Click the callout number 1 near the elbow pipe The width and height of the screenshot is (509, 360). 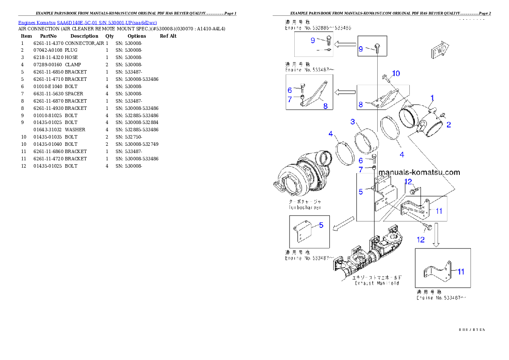tap(432, 97)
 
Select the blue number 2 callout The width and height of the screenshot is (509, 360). tap(448, 125)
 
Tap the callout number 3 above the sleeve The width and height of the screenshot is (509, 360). tap(353, 122)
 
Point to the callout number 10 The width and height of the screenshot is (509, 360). tap(396, 74)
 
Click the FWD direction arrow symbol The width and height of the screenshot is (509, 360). tap(439, 50)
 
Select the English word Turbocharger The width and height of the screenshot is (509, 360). tap(305, 207)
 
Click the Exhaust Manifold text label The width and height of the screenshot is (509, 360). tap(377, 283)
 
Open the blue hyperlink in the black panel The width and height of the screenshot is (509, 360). tap(87, 23)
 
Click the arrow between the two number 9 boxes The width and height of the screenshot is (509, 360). tap(346, 44)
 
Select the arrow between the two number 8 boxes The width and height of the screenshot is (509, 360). tap(345, 91)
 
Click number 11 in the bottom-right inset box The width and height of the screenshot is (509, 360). tap(461, 271)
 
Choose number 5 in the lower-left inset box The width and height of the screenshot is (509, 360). tap(321, 225)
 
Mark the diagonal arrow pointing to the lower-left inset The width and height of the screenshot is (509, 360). tap(344, 223)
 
